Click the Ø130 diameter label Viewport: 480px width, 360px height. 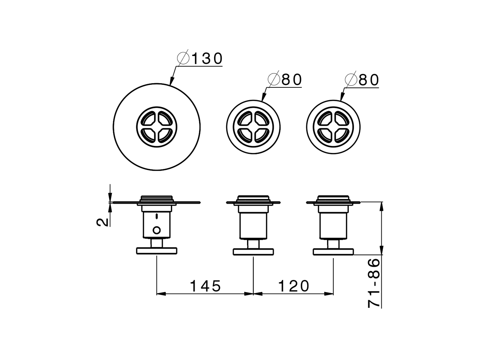pos(201,58)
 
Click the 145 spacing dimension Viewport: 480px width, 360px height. pos(205,286)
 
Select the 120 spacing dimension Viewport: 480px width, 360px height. pos(294,286)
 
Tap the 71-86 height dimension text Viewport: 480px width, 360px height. pos(374,283)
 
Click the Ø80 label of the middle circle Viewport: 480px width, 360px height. pos(285,80)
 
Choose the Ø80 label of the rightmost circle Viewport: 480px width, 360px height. pos(363,80)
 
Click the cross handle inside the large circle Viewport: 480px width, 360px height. pos(156,127)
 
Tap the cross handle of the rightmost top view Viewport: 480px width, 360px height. pos(333,127)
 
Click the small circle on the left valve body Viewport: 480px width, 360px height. pos(157,229)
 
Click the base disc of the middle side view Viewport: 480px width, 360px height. pos(253,252)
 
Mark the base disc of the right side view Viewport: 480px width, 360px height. pos(333,252)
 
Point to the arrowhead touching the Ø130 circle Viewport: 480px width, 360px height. pos(171,82)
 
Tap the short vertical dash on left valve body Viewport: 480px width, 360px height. pos(157,216)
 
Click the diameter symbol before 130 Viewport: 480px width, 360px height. pos(183,58)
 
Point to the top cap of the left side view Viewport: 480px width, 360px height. pos(156,198)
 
